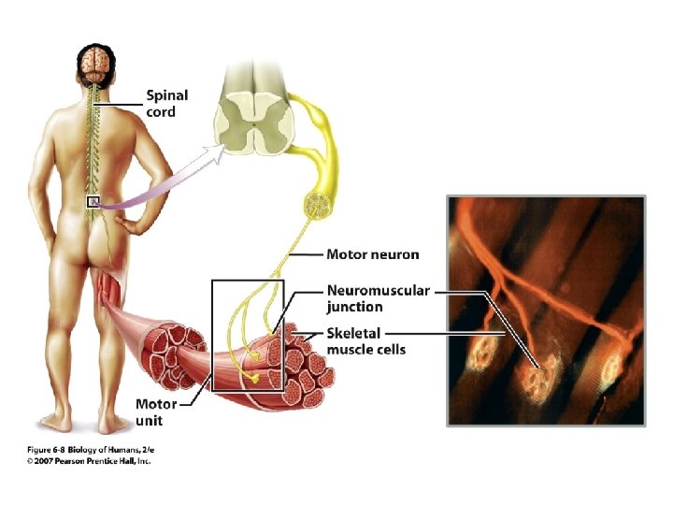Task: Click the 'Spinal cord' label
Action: coord(166,103)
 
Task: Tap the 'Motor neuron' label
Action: coord(372,253)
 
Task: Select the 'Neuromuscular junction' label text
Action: coord(378,298)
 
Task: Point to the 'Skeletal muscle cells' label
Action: coord(365,340)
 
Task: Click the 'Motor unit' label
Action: coord(155,412)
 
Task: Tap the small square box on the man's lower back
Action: coord(93,202)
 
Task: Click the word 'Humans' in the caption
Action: coord(121,451)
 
